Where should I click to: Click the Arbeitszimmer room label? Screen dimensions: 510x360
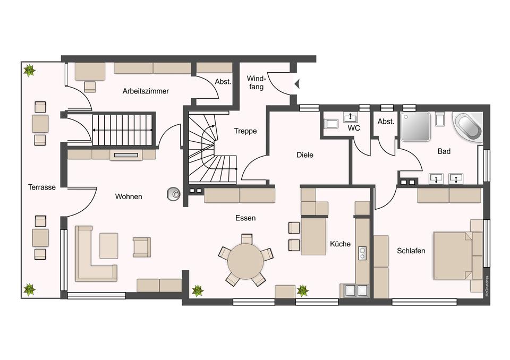[x=146, y=91]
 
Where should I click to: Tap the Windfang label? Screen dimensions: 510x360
[x=256, y=83]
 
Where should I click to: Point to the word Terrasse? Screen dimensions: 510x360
[x=41, y=187]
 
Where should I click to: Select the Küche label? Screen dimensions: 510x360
[x=340, y=244]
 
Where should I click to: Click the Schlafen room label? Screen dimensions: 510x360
[x=411, y=251]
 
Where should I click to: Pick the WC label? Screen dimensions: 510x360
[x=354, y=128]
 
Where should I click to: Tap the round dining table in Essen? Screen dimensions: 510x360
[x=245, y=261]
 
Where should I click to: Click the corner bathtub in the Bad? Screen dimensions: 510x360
[x=469, y=127]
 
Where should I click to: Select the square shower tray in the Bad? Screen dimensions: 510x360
[x=415, y=126]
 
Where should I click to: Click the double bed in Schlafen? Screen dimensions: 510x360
[x=453, y=255]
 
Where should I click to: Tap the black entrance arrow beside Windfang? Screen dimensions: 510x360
[x=296, y=84]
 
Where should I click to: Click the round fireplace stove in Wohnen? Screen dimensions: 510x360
[x=174, y=194]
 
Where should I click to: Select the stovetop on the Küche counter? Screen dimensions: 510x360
[x=362, y=253]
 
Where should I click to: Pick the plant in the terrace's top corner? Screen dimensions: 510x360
[x=30, y=70]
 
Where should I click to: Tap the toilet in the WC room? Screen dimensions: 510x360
[x=331, y=124]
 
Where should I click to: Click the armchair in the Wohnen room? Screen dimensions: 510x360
[x=142, y=247]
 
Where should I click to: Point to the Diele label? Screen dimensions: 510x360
[x=305, y=155]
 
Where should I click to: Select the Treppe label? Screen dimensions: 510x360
[x=245, y=131]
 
